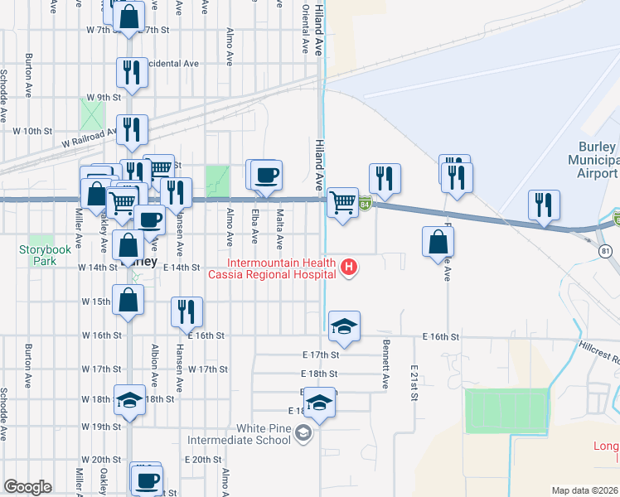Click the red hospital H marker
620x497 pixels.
(x=350, y=267)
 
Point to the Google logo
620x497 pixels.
(x=27, y=487)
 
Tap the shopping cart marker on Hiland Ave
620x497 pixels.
(x=342, y=202)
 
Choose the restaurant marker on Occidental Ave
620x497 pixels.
(x=132, y=73)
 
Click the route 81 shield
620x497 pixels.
(x=606, y=250)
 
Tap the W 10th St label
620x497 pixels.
(x=32, y=131)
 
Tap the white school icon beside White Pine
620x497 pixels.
(x=303, y=432)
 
